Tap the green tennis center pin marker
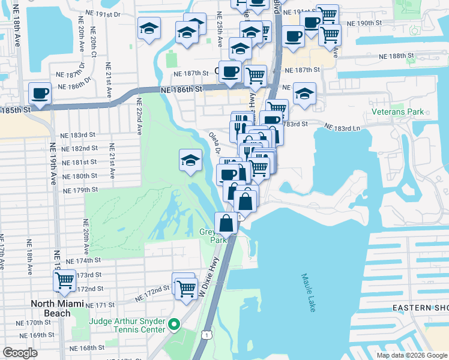coord(174,325)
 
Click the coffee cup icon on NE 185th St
coord(40,94)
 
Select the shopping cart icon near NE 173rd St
coord(64,280)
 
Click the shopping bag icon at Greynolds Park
coord(226,223)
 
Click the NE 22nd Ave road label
coord(139,116)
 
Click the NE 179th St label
coord(81,190)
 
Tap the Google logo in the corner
coord(20,353)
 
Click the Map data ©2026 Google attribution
coord(412,355)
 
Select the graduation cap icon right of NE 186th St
coord(305,94)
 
